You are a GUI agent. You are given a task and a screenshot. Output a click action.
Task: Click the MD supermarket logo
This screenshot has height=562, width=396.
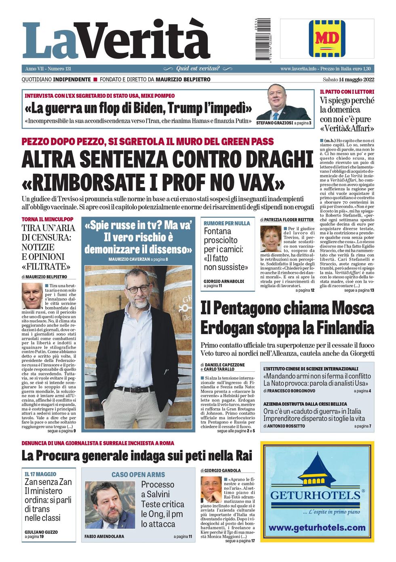pos(327,38)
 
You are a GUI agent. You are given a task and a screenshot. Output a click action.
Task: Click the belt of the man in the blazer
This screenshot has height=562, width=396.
pos(133,389)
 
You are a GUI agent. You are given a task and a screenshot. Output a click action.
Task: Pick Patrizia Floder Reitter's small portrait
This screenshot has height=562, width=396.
pos(270,239)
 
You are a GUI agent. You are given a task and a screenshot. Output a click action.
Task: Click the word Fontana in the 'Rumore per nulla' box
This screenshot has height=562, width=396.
pos(220,232)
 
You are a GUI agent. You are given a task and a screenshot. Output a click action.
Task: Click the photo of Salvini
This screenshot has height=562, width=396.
pos(110,505)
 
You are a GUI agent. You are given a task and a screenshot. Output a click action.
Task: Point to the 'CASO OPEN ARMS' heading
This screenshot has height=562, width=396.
pos(138,475)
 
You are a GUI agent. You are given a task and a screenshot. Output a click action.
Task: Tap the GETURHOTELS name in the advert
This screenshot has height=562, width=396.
pos(315,495)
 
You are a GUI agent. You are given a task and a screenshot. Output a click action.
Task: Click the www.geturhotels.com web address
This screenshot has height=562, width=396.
pos(317,528)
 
